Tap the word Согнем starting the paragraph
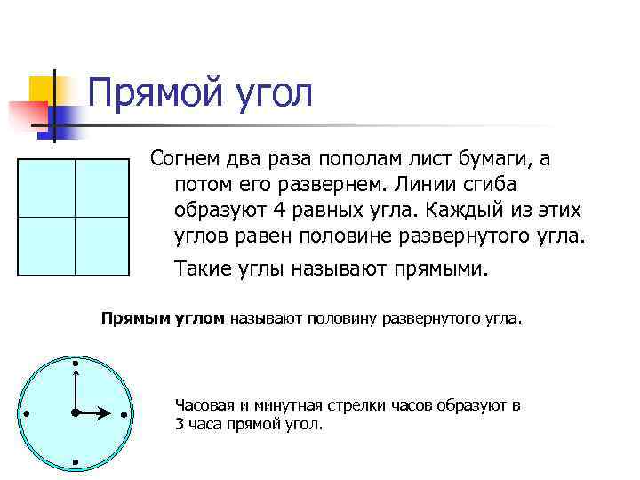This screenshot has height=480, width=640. [190, 159]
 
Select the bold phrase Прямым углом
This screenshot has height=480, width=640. [163, 317]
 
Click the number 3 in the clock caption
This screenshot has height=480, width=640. [180, 423]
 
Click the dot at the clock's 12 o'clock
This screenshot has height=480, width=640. [76, 364]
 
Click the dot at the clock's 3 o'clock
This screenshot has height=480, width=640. [124, 414]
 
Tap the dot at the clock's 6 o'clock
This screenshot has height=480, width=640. [76, 462]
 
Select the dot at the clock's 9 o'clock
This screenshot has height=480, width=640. [28, 414]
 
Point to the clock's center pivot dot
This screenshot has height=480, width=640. [76, 413]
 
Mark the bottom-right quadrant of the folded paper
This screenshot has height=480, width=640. [103, 245]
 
